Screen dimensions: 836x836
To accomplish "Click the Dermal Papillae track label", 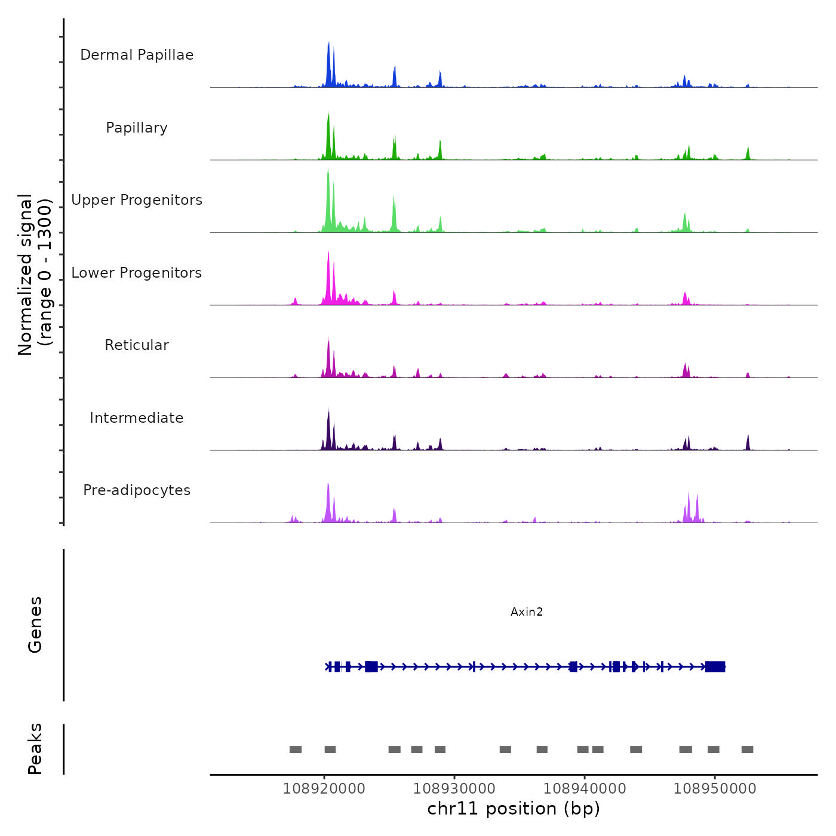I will point(137,55).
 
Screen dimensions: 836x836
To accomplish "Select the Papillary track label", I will point(137,128).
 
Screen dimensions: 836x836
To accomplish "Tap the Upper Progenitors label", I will point(137,200).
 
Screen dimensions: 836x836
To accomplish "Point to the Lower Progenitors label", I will point(137,273).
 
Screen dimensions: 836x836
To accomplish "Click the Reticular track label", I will point(137,345).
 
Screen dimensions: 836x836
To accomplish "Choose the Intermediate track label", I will point(137,418).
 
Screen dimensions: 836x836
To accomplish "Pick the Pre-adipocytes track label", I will point(137,490).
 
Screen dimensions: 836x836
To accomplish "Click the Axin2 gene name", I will point(527,611).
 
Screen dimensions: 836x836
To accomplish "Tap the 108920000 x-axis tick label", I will point(324,788).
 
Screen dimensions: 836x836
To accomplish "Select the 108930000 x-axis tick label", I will point(454,788).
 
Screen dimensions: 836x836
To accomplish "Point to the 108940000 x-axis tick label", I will point(585,788).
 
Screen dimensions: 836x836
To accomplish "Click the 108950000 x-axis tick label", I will point(715,788).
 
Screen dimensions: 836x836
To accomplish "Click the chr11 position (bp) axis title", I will point(514,809).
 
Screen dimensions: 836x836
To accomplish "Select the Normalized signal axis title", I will point(35,275).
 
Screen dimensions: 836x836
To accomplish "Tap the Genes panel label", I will point(35,625).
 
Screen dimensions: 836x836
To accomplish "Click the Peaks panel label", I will point(35,749).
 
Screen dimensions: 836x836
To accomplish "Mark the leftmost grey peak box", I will point(296,749).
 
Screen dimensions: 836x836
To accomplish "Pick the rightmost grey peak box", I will point(747,749).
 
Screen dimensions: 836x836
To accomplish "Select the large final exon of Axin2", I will point(715,666).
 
